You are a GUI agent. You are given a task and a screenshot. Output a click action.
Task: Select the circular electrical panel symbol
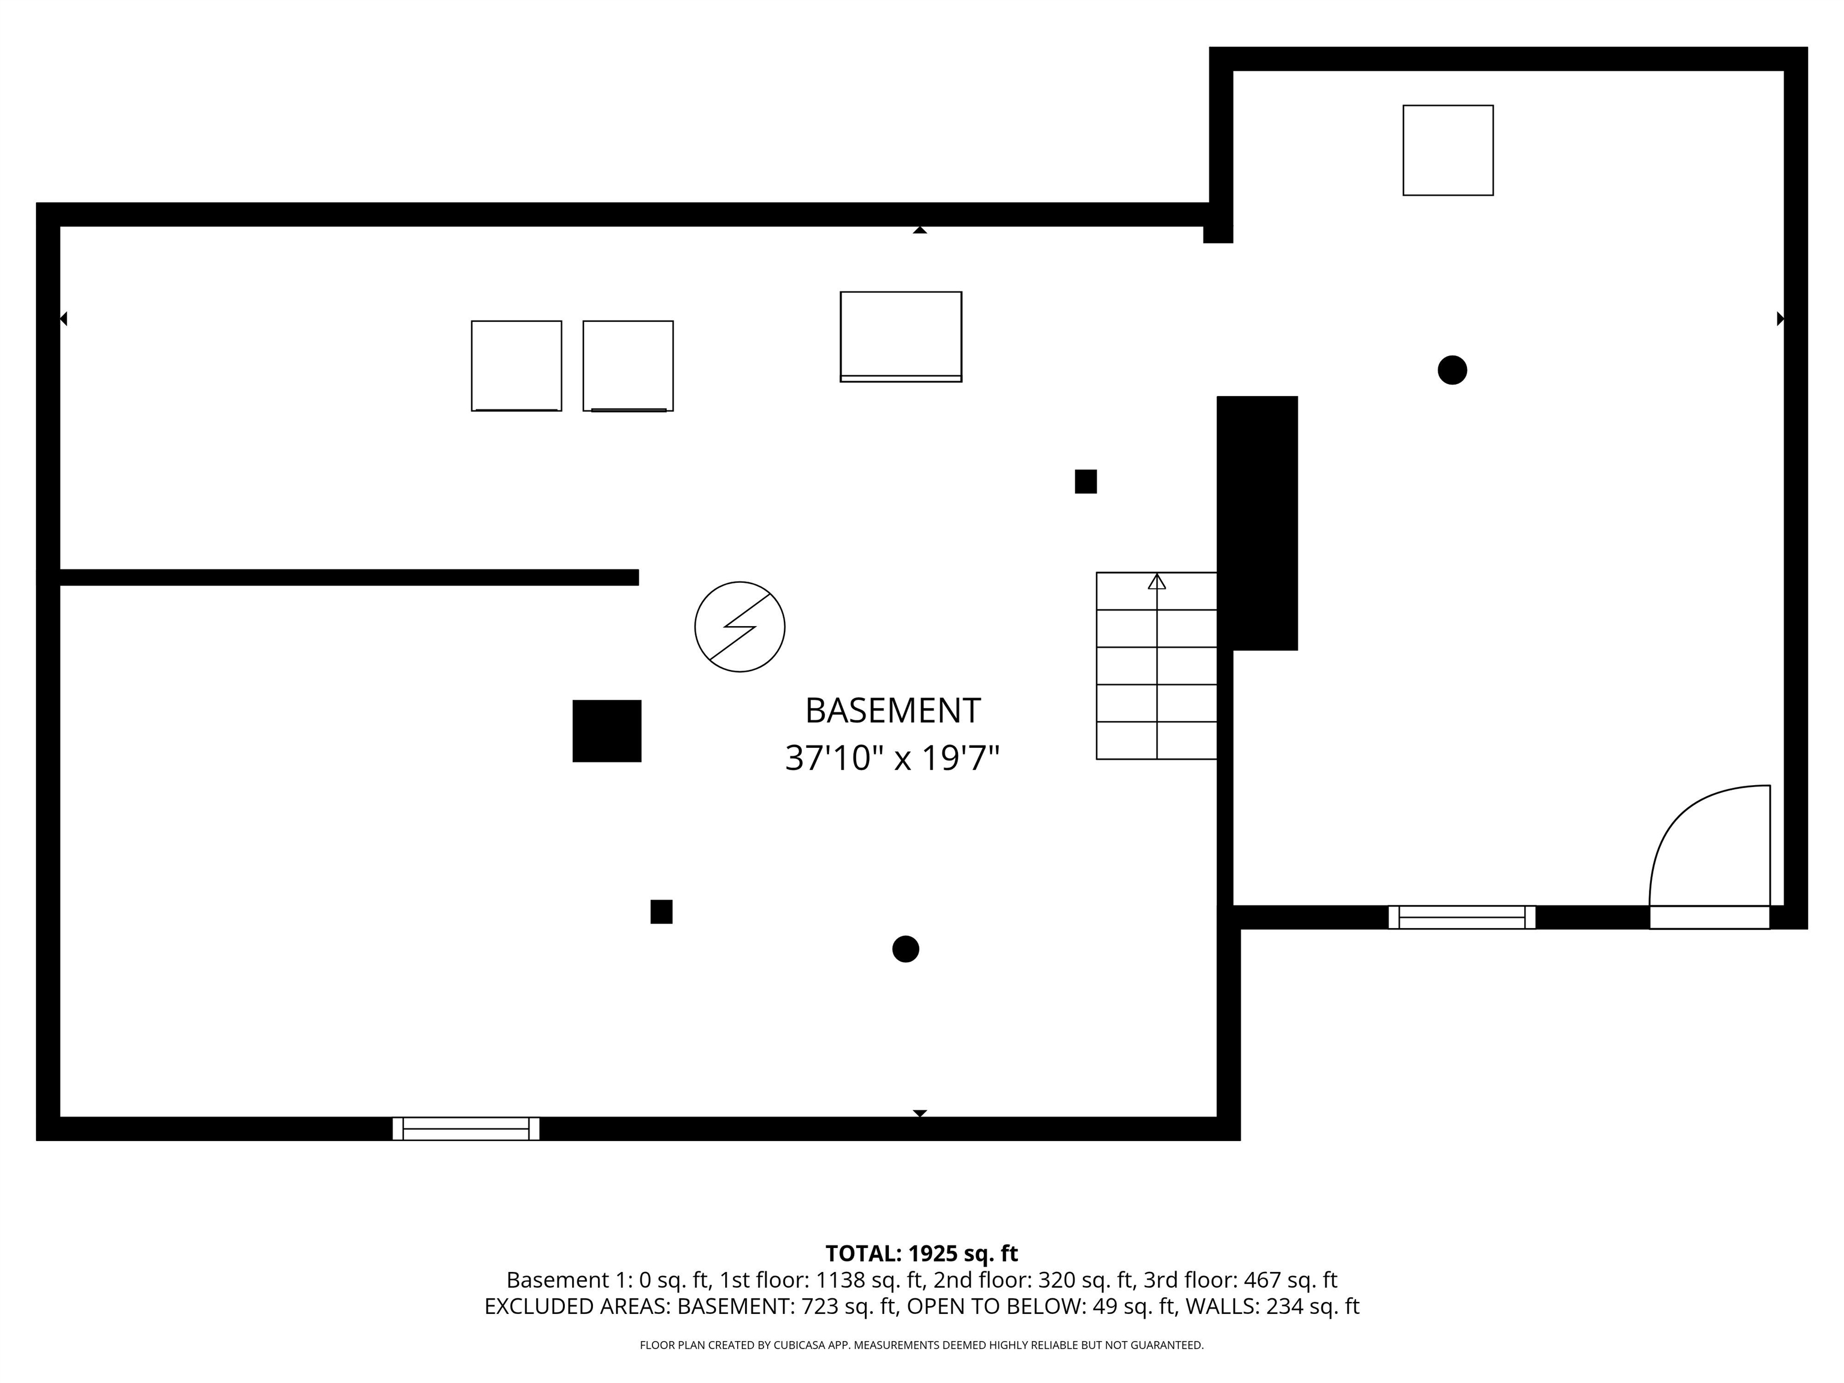click(x=740, y=627)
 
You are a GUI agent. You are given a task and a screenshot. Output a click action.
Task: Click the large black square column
click(x=607, y=731)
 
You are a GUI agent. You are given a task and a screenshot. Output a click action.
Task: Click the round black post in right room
click(x=1452, y=370)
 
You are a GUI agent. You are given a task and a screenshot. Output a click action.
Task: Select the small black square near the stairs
click(x=1085, y=482)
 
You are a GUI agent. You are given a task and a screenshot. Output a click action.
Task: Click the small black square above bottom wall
click(x=661, y=912)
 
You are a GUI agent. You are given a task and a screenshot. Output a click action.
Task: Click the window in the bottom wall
click(x=466, y=1128)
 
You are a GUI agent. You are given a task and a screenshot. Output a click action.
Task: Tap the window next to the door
click(x=1462, y=917)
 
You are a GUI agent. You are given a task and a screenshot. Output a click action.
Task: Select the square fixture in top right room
click(x=1448, y=151)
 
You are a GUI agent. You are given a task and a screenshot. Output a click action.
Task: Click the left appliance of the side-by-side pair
click(x=516, y=366)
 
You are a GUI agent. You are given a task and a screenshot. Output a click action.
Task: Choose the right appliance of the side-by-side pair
click(x=628, y=366)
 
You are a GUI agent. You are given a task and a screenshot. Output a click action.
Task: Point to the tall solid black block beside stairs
click(x=1257, y=523)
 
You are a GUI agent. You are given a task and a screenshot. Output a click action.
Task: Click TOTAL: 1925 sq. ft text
click(x=921, y=1253)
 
